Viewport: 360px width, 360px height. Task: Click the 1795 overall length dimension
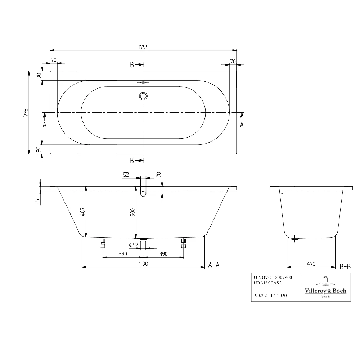click(143, 47)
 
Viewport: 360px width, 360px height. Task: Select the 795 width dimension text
click(26, 112)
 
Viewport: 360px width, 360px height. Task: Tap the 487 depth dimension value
click(83, 212)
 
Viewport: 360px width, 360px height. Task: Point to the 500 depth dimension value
click(132, 212)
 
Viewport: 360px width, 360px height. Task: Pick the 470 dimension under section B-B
click(311, 264)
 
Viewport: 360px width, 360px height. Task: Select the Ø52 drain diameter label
click(134, 245)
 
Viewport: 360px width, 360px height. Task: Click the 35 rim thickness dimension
click(37, 201)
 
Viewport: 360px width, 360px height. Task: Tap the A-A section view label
click(214, 265)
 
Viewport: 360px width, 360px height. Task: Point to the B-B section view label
click(345, 267)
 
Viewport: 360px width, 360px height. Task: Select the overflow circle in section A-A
click(143, 193)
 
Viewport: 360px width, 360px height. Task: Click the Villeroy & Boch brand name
click(326, 291)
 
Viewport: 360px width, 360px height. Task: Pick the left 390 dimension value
click(123, 254)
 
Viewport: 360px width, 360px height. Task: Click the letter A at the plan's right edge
click(242, 125)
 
